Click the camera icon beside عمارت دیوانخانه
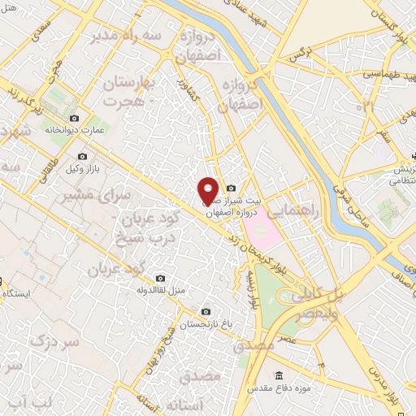click(x=76, y=119)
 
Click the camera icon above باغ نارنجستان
click(x=205, y=312)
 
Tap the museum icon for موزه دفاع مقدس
click(x=279, y=375)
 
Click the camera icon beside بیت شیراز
click(x=232, y=188)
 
